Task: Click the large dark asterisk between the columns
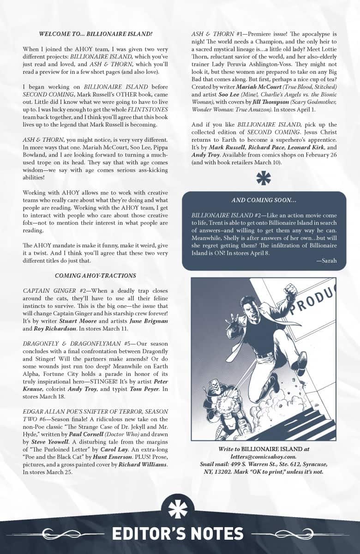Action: (x=264, y=178)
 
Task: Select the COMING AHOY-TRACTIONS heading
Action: (x=95, y=276)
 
